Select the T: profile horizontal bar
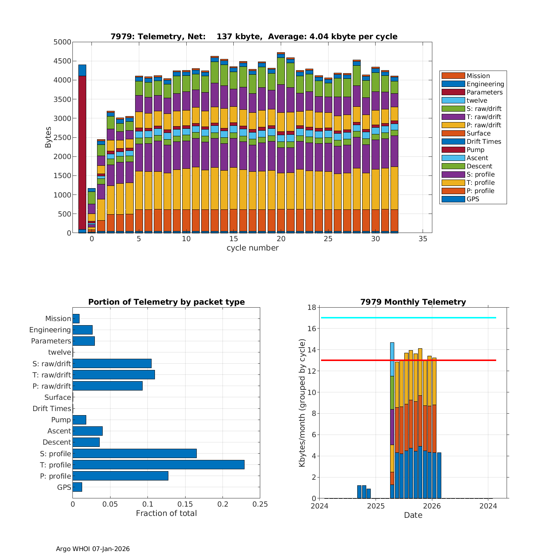click(x=158, y=464)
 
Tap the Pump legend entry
click(x=475, y=150)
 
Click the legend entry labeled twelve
click(x=477, y=100)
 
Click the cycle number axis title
click(x=252, y=248)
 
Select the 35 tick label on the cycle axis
click(x=423, y=239)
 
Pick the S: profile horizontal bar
click(x=134, y=453)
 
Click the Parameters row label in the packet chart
click(x=51, y=341)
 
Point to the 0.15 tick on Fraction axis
click(x=185, y=504)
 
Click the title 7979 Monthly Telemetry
click(x=413, y=302)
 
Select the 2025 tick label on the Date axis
click(x=376, y=506)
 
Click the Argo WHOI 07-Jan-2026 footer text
click(x=93, y=549)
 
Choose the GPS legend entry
click(x=473, y=199)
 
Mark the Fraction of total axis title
click(x=166, y=513)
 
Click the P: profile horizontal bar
click(x=120, y=476)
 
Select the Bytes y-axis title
click(x=49, y=137)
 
